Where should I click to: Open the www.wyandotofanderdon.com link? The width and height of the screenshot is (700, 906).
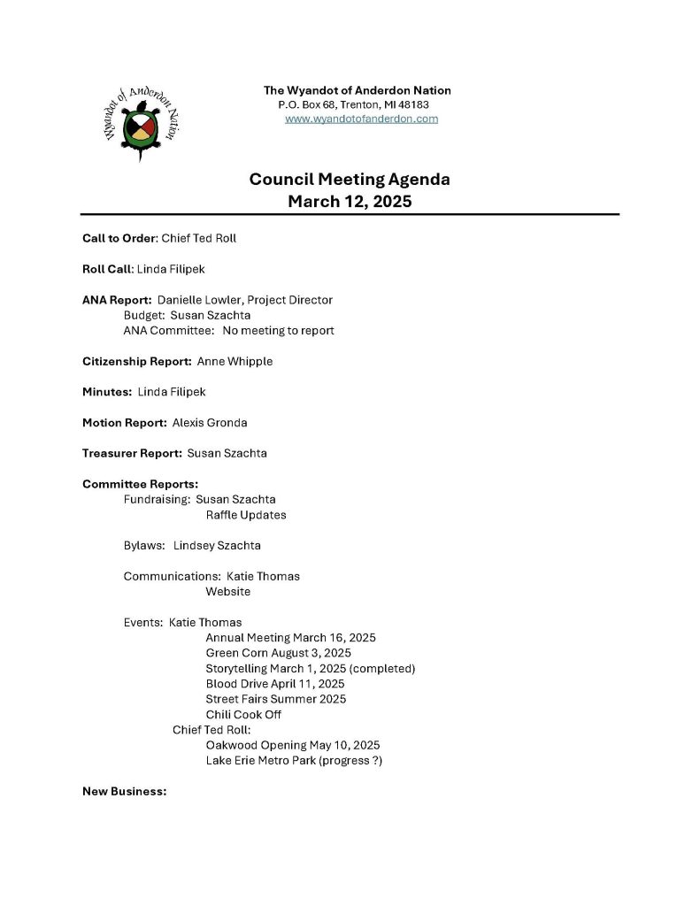coord(361,119)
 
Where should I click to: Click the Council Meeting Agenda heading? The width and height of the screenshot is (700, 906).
coord(350,180)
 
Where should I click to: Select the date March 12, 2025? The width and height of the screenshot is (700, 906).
coord(350,202)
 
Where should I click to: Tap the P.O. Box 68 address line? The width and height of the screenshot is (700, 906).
coord(354,104)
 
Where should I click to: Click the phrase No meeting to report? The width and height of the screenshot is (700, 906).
coord(278,330)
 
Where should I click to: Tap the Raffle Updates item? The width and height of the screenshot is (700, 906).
coord(246,515)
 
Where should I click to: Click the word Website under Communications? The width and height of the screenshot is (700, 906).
coord(227,591)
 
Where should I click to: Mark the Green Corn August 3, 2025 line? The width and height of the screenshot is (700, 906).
coord(278,653)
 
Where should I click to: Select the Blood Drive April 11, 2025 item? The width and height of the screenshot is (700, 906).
coord(274,684)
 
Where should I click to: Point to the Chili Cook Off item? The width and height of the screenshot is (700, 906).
coord(243,714)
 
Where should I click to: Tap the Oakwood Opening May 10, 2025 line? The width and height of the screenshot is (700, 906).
coord(292,745)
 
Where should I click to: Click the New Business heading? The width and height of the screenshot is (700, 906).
coord(124,791)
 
